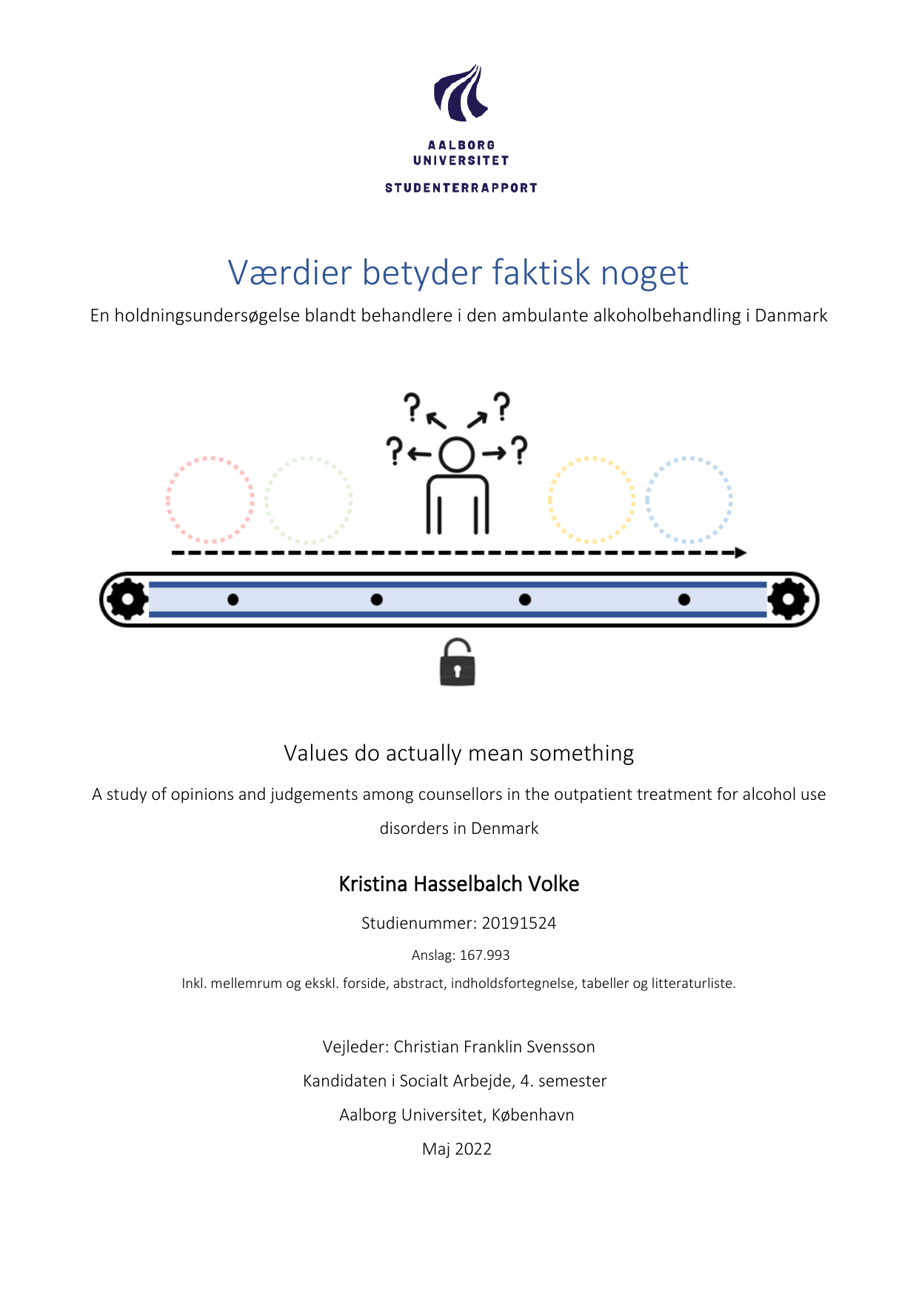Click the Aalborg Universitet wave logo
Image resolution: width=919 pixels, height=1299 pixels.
(461, 93)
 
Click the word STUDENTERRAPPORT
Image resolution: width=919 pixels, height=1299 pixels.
(461, 188)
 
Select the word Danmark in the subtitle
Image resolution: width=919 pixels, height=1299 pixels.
(791, 315)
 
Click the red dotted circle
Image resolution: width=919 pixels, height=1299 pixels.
(210, 500)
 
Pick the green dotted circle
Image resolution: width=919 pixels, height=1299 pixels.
(308, 500)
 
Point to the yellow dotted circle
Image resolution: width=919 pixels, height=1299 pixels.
(591, 500)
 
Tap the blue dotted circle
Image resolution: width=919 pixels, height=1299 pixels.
(689, 500)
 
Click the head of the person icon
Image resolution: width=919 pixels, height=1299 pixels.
(456, 454)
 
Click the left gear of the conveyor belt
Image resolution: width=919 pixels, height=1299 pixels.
(127, 598)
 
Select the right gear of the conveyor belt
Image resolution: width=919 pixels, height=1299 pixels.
(788, 598)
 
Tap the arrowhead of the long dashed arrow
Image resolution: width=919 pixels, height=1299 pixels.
(740, 552)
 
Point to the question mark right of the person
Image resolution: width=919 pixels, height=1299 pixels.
(520, 450)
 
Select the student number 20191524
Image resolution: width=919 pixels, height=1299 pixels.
(518, 924)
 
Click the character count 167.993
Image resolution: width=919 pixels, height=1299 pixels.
(484, 955)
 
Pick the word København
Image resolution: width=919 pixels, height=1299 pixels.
(532, 1115)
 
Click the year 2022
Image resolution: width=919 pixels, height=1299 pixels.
(473, 1149)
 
